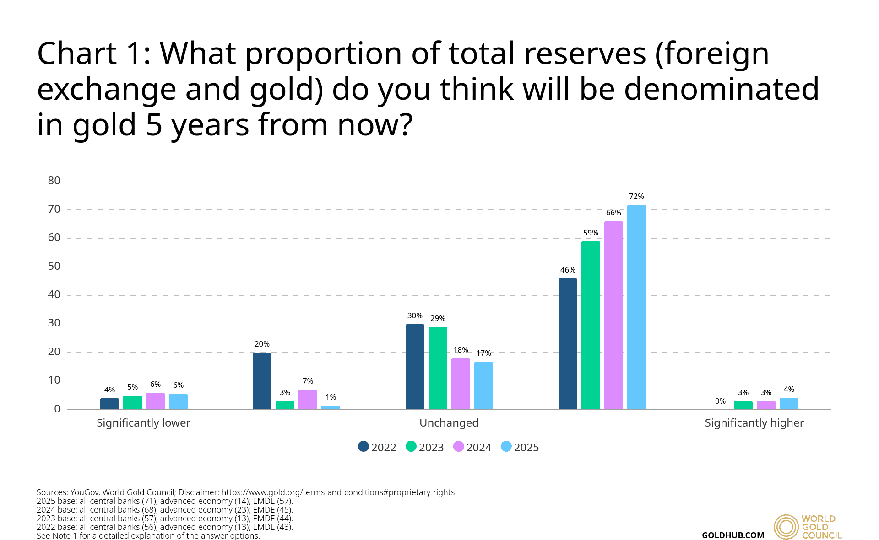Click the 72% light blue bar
(636, 307)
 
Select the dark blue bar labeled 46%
(568, 344)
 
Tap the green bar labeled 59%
(591, 325)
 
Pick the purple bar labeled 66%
(613, 315)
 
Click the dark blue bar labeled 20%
(262, 381)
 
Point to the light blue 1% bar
(331, 407)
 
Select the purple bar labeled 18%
(461, 384)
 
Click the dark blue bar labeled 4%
(109, 404)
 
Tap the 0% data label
(720, 401)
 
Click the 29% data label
(438, 319)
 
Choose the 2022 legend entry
(377, 447)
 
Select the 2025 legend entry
(520, 447)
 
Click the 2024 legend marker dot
(458, 446)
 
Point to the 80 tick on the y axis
(54, 181)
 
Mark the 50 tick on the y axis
(54, 266)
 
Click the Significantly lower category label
(143, 423)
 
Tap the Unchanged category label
(449, 423)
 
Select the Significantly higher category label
(754, 423)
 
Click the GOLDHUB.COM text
(733, 535)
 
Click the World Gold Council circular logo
(786, 527)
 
